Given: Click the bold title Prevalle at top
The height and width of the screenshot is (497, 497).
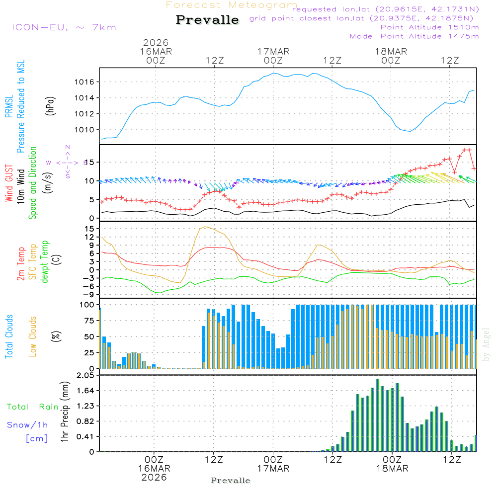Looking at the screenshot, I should pyautogui.click(x=207, y=20).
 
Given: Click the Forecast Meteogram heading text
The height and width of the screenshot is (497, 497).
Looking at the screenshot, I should pyautogui.click(x=232, y=5).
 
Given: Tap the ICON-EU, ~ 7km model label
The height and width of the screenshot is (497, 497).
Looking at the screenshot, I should pyautogui.click(x=64, y=27).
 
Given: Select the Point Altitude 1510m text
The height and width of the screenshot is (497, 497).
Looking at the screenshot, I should pyautogui.click(x=429, y=27).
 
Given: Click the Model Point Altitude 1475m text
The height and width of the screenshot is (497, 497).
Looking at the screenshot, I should pyautogui.click(x=414, y=36).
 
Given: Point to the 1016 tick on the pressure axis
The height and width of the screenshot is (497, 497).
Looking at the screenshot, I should pyautogui.click(x=86, y=82).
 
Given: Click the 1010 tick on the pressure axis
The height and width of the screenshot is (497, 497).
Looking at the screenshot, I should pyautogui.click(x=86, y=130).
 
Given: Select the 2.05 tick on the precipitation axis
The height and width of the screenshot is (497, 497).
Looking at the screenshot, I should pyautogui.click(x=85, y=376).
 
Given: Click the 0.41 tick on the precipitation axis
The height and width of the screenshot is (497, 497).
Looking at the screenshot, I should pyautogui.click(x=85, y=436).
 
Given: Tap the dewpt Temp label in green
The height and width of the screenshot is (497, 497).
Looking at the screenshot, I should pyautogui.click(x=45, y=262).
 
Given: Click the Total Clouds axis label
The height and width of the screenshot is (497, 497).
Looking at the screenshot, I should pyautogui.click(x=9, y=336).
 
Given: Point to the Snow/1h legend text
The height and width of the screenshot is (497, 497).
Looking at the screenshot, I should pyautogui.click(x=28, y=425).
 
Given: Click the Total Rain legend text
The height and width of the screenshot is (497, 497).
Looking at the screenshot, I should pyautogui.click(x=33, y=407).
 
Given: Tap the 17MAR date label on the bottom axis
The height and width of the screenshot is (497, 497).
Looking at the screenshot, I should pyautogui.click(x=273, y=469).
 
